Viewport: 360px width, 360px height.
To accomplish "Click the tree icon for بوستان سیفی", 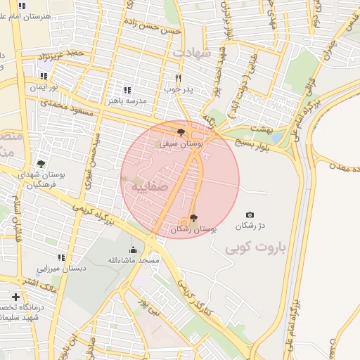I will [181, 131].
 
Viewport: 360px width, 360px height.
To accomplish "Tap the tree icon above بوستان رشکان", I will [194, 218].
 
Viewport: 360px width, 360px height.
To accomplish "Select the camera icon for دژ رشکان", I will [250, 214].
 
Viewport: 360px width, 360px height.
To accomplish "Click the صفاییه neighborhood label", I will [146, 188].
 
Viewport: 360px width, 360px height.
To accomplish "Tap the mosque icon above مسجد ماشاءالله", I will [133, 250].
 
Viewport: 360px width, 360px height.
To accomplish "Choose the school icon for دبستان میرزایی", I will [61, 257].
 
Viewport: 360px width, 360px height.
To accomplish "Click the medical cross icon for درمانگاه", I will [15, 297].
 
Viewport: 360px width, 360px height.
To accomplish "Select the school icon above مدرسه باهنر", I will [127, 90].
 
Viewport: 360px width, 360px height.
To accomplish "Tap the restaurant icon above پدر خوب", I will [179, 78].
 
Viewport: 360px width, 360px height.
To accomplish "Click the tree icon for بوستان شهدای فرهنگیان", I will [40, 164].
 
